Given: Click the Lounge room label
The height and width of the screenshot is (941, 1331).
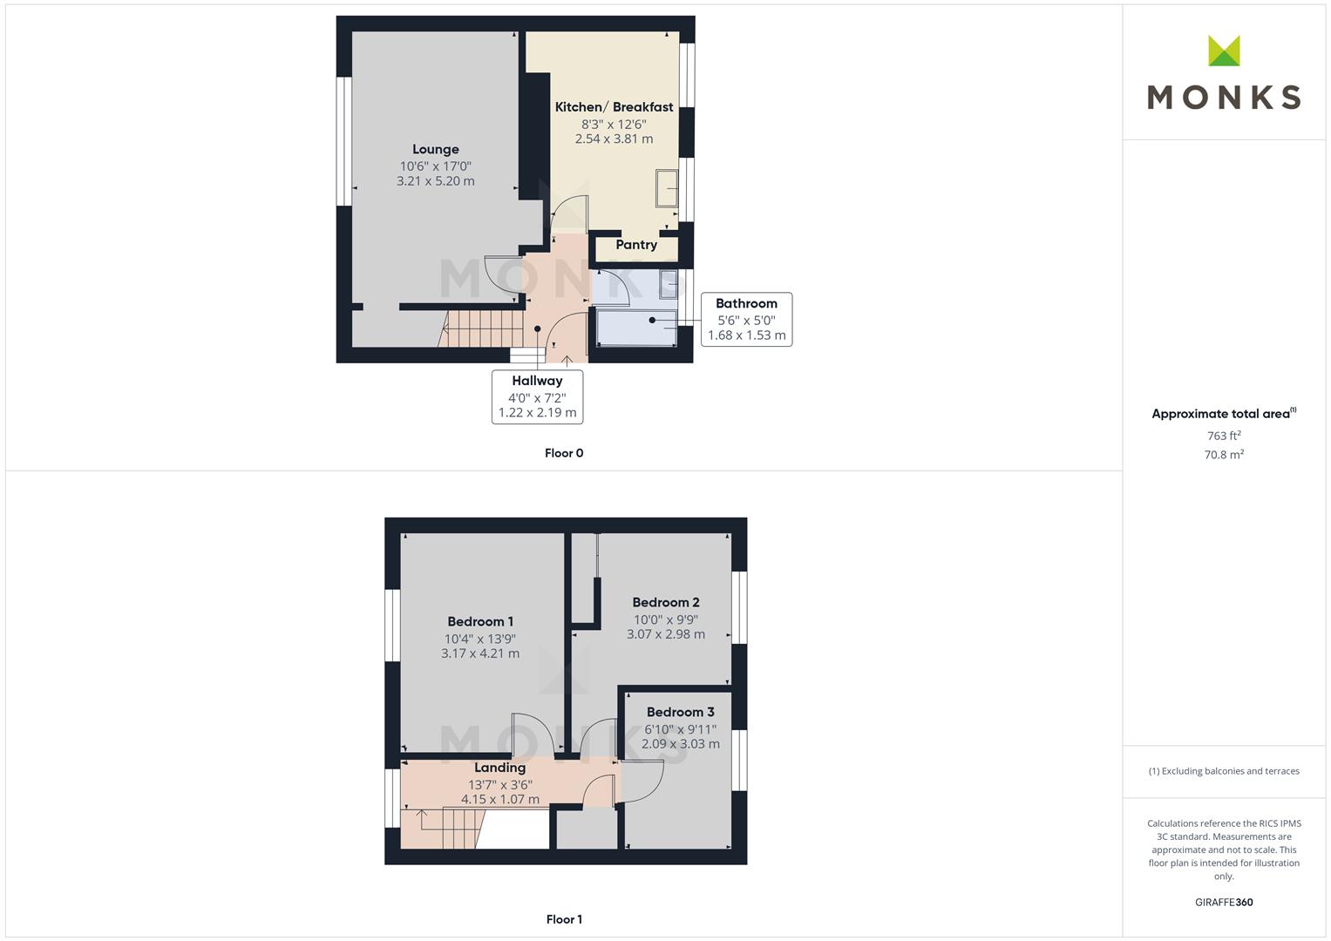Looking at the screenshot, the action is [436, 149].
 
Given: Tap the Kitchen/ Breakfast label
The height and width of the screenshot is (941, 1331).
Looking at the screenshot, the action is [614, 107].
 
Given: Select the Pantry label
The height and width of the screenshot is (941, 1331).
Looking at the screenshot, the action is [635, 245].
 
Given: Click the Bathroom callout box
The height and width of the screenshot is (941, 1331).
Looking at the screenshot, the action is [746, 319].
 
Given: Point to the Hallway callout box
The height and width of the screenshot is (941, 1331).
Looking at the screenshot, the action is [537, 396].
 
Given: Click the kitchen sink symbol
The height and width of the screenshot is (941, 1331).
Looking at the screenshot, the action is [667, 188].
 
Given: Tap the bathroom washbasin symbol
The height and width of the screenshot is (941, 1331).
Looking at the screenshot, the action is [668, 285].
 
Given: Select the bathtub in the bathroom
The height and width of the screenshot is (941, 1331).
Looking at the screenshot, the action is [636, 328].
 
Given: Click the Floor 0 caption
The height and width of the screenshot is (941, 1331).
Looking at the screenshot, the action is [564, 453].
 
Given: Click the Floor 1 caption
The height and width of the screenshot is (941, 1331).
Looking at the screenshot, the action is [564, 919].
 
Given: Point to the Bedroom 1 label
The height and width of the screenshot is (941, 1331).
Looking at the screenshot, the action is [480, 621].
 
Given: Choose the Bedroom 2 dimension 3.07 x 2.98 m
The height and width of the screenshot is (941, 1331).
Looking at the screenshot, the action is [666, 634].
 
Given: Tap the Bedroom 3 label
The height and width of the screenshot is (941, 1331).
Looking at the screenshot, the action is [681, 712].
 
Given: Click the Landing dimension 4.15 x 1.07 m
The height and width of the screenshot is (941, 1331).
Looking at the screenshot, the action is [499, 799].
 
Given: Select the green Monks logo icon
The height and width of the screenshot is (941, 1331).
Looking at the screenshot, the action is [1224, 51].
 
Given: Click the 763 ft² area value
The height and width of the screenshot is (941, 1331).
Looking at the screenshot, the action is [1224, 436].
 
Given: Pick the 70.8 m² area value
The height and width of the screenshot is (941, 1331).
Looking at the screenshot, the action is [1224, 455].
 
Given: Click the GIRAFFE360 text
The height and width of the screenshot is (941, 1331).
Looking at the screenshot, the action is [1224, 902].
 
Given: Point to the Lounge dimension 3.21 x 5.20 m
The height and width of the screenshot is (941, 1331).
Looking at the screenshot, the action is [436, 181].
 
